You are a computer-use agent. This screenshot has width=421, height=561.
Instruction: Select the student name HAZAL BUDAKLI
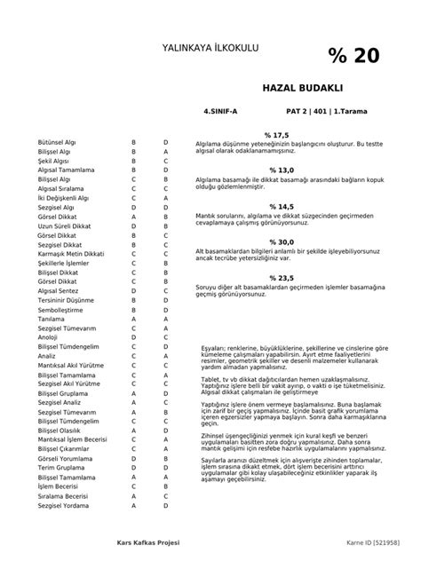302,91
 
